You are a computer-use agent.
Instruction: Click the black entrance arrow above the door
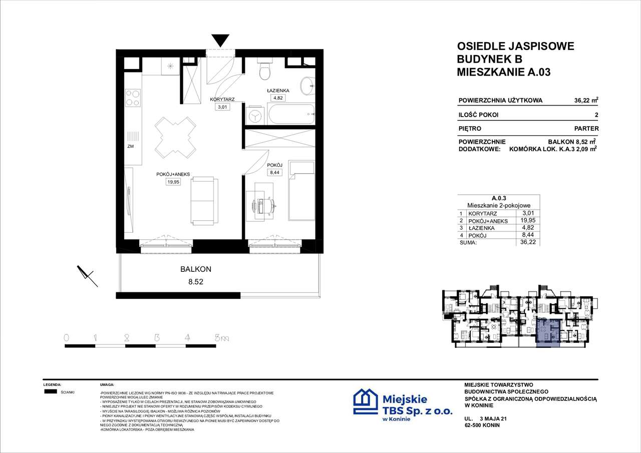click(220, 40)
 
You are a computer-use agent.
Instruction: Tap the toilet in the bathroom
click(264, 72)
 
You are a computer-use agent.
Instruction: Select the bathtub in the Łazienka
click(291, 115)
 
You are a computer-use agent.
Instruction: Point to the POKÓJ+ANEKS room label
click(173, 174)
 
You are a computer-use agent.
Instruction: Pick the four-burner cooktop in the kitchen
click(133, 98)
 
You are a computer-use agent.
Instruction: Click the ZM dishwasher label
click(130, 147)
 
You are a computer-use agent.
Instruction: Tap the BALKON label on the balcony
click(196, 269)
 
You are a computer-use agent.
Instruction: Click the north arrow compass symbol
click(87, 274)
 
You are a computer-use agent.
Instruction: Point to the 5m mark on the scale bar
click(221, 338)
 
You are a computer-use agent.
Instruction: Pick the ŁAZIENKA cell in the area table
click(481, 228)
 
